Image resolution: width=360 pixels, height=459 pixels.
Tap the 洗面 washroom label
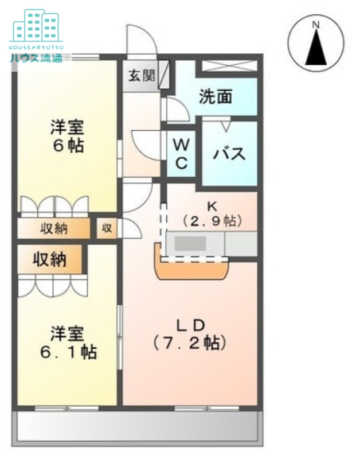(215, 97)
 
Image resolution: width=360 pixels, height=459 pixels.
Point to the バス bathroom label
(230, 154)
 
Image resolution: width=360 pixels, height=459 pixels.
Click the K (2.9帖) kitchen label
(212, 214)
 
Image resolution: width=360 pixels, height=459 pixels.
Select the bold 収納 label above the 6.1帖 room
(49, 260)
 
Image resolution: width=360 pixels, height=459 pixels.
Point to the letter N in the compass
(315, 24)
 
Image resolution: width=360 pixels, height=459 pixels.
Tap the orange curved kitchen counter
(192, 270)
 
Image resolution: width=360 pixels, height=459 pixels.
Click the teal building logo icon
(36, 25)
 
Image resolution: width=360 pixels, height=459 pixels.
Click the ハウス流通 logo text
(36, 57)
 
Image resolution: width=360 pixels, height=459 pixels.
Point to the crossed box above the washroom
(228, 65)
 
